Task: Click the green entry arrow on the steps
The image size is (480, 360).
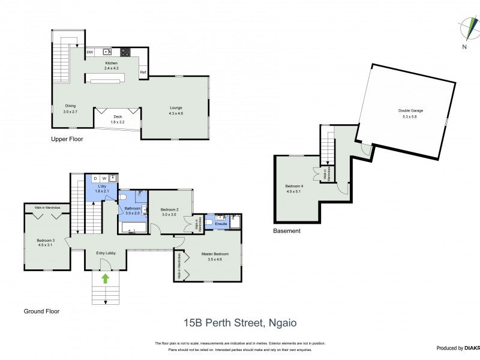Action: (x=106, y=278)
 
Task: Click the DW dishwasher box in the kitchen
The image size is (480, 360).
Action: (x=89, y=52)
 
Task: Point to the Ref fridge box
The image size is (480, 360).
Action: (x=143, y=73)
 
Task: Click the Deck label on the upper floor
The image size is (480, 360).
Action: (x=117, y=118)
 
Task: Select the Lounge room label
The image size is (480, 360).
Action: (x=176, y=110)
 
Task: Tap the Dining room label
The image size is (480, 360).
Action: (x=70, y=109)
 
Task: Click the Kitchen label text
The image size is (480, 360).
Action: (x=112, y=64)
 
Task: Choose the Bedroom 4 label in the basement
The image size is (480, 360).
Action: (x=294, y=188)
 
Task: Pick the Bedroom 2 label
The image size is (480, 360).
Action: (x=170, y=211)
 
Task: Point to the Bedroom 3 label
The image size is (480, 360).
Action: (x=46, y=242)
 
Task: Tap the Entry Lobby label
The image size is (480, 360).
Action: (x=106, y=253)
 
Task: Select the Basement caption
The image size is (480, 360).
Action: (x=286, y=230)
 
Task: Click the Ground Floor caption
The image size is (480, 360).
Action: (x=41, y=311)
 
